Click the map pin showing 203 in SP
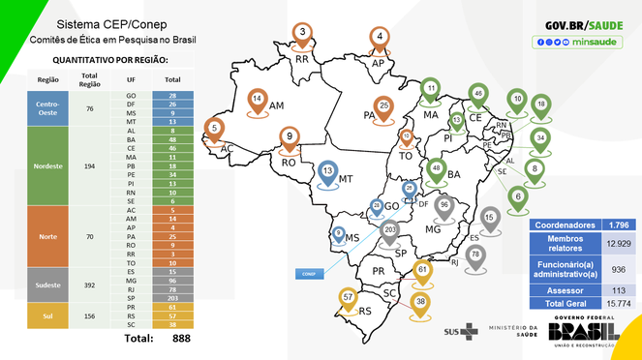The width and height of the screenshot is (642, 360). [x=389, y=231]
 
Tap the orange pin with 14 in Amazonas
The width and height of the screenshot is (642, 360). [x=258, y=100]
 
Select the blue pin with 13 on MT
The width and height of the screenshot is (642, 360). [x=328, y=172]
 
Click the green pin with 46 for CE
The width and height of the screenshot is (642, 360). [x=476, y=94]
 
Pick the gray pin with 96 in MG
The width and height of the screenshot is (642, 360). [x=444, y=206]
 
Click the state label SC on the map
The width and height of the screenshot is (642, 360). [x=390, y=293]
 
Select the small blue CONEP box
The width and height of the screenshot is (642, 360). [x=307, y=274]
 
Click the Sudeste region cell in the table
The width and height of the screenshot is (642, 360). [x=48, y=285]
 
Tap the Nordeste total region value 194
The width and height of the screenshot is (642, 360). [x=89, y=166]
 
